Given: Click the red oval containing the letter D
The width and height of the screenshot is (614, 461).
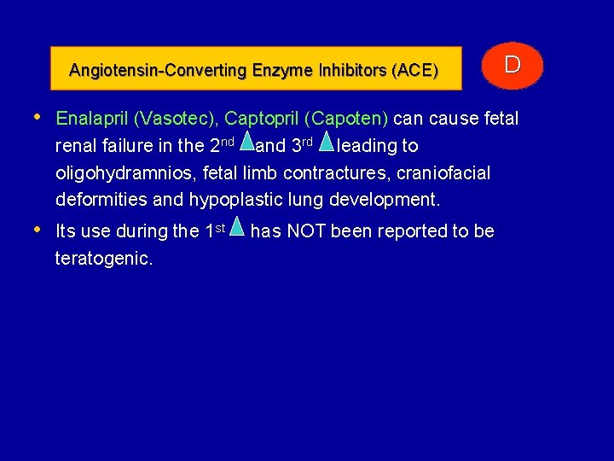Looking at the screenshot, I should (512, 66).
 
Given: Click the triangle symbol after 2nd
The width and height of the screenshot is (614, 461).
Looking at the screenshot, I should (246, 142).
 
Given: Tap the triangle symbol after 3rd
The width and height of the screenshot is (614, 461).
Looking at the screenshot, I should (326, 142).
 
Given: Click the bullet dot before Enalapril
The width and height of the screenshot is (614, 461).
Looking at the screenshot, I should (38, 117).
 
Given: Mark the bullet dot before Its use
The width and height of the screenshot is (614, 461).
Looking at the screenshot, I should (38, 230).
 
